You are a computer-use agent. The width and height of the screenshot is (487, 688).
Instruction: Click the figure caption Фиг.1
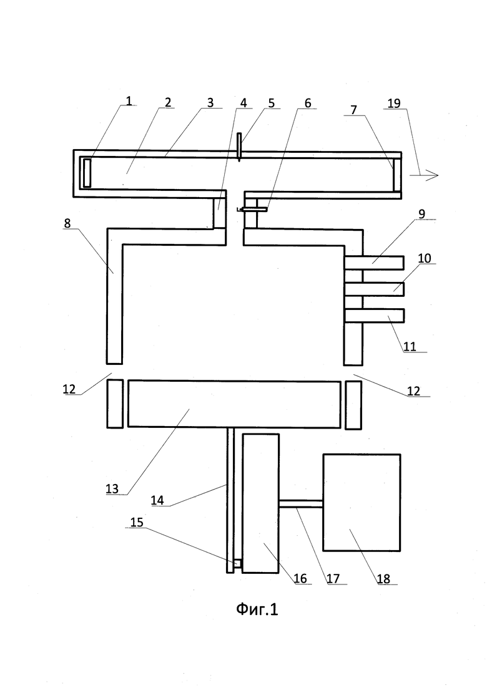(257, 609)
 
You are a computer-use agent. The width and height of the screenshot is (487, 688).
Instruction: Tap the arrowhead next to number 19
(432, 175)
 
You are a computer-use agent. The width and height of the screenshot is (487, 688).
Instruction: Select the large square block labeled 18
(362, 502)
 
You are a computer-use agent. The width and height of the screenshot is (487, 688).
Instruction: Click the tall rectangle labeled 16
(260, 503)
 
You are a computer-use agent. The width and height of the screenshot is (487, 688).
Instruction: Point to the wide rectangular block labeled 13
(234, 404)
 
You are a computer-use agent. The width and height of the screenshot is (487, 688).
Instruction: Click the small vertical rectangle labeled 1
(86, 173)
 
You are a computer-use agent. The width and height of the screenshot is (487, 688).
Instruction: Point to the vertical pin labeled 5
(239, 147)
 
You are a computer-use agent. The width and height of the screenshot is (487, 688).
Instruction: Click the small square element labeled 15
(237, 564)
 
